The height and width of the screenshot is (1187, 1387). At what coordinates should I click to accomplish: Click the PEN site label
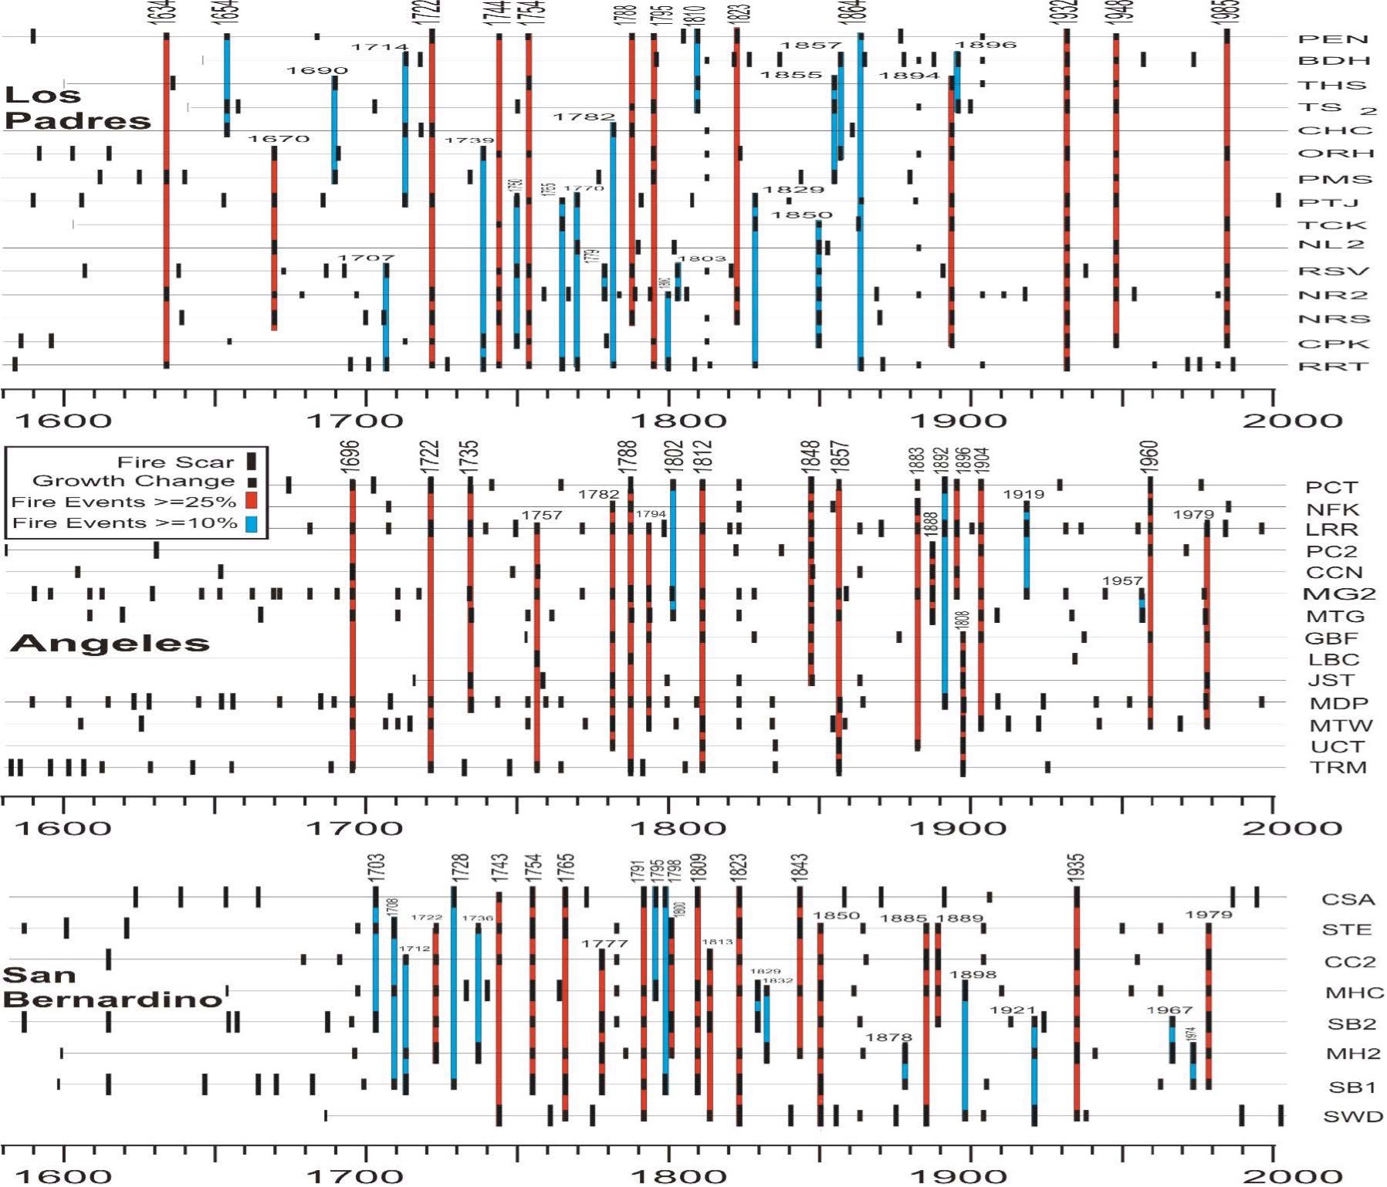[x=1333, y=39]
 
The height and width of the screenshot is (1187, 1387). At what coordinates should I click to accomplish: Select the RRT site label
[x=1333, y=366]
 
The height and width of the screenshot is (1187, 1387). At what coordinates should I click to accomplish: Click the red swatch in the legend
[x=251, y=502]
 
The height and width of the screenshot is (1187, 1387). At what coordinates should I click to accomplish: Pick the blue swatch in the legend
[x=251, y=523]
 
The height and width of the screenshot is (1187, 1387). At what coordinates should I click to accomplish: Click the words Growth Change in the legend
[x=134, y=481]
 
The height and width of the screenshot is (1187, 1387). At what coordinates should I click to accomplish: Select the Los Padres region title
[x=77, y=107]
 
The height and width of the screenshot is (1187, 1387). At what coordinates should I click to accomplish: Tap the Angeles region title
[x=110, y=643]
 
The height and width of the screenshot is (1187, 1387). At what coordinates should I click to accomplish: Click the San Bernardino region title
[x=113, y=987]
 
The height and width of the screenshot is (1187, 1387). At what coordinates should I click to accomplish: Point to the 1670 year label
[x=279, y=139]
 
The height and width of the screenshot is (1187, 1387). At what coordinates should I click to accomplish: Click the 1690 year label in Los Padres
[x=316, y=70]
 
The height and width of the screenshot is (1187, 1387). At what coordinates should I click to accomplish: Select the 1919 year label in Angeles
[x=1023, y=494]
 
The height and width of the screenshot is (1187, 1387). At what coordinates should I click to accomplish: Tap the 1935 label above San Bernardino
[x=1077, y=867]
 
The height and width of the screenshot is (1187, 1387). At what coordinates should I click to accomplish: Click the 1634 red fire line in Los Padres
[x=166, y=232]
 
